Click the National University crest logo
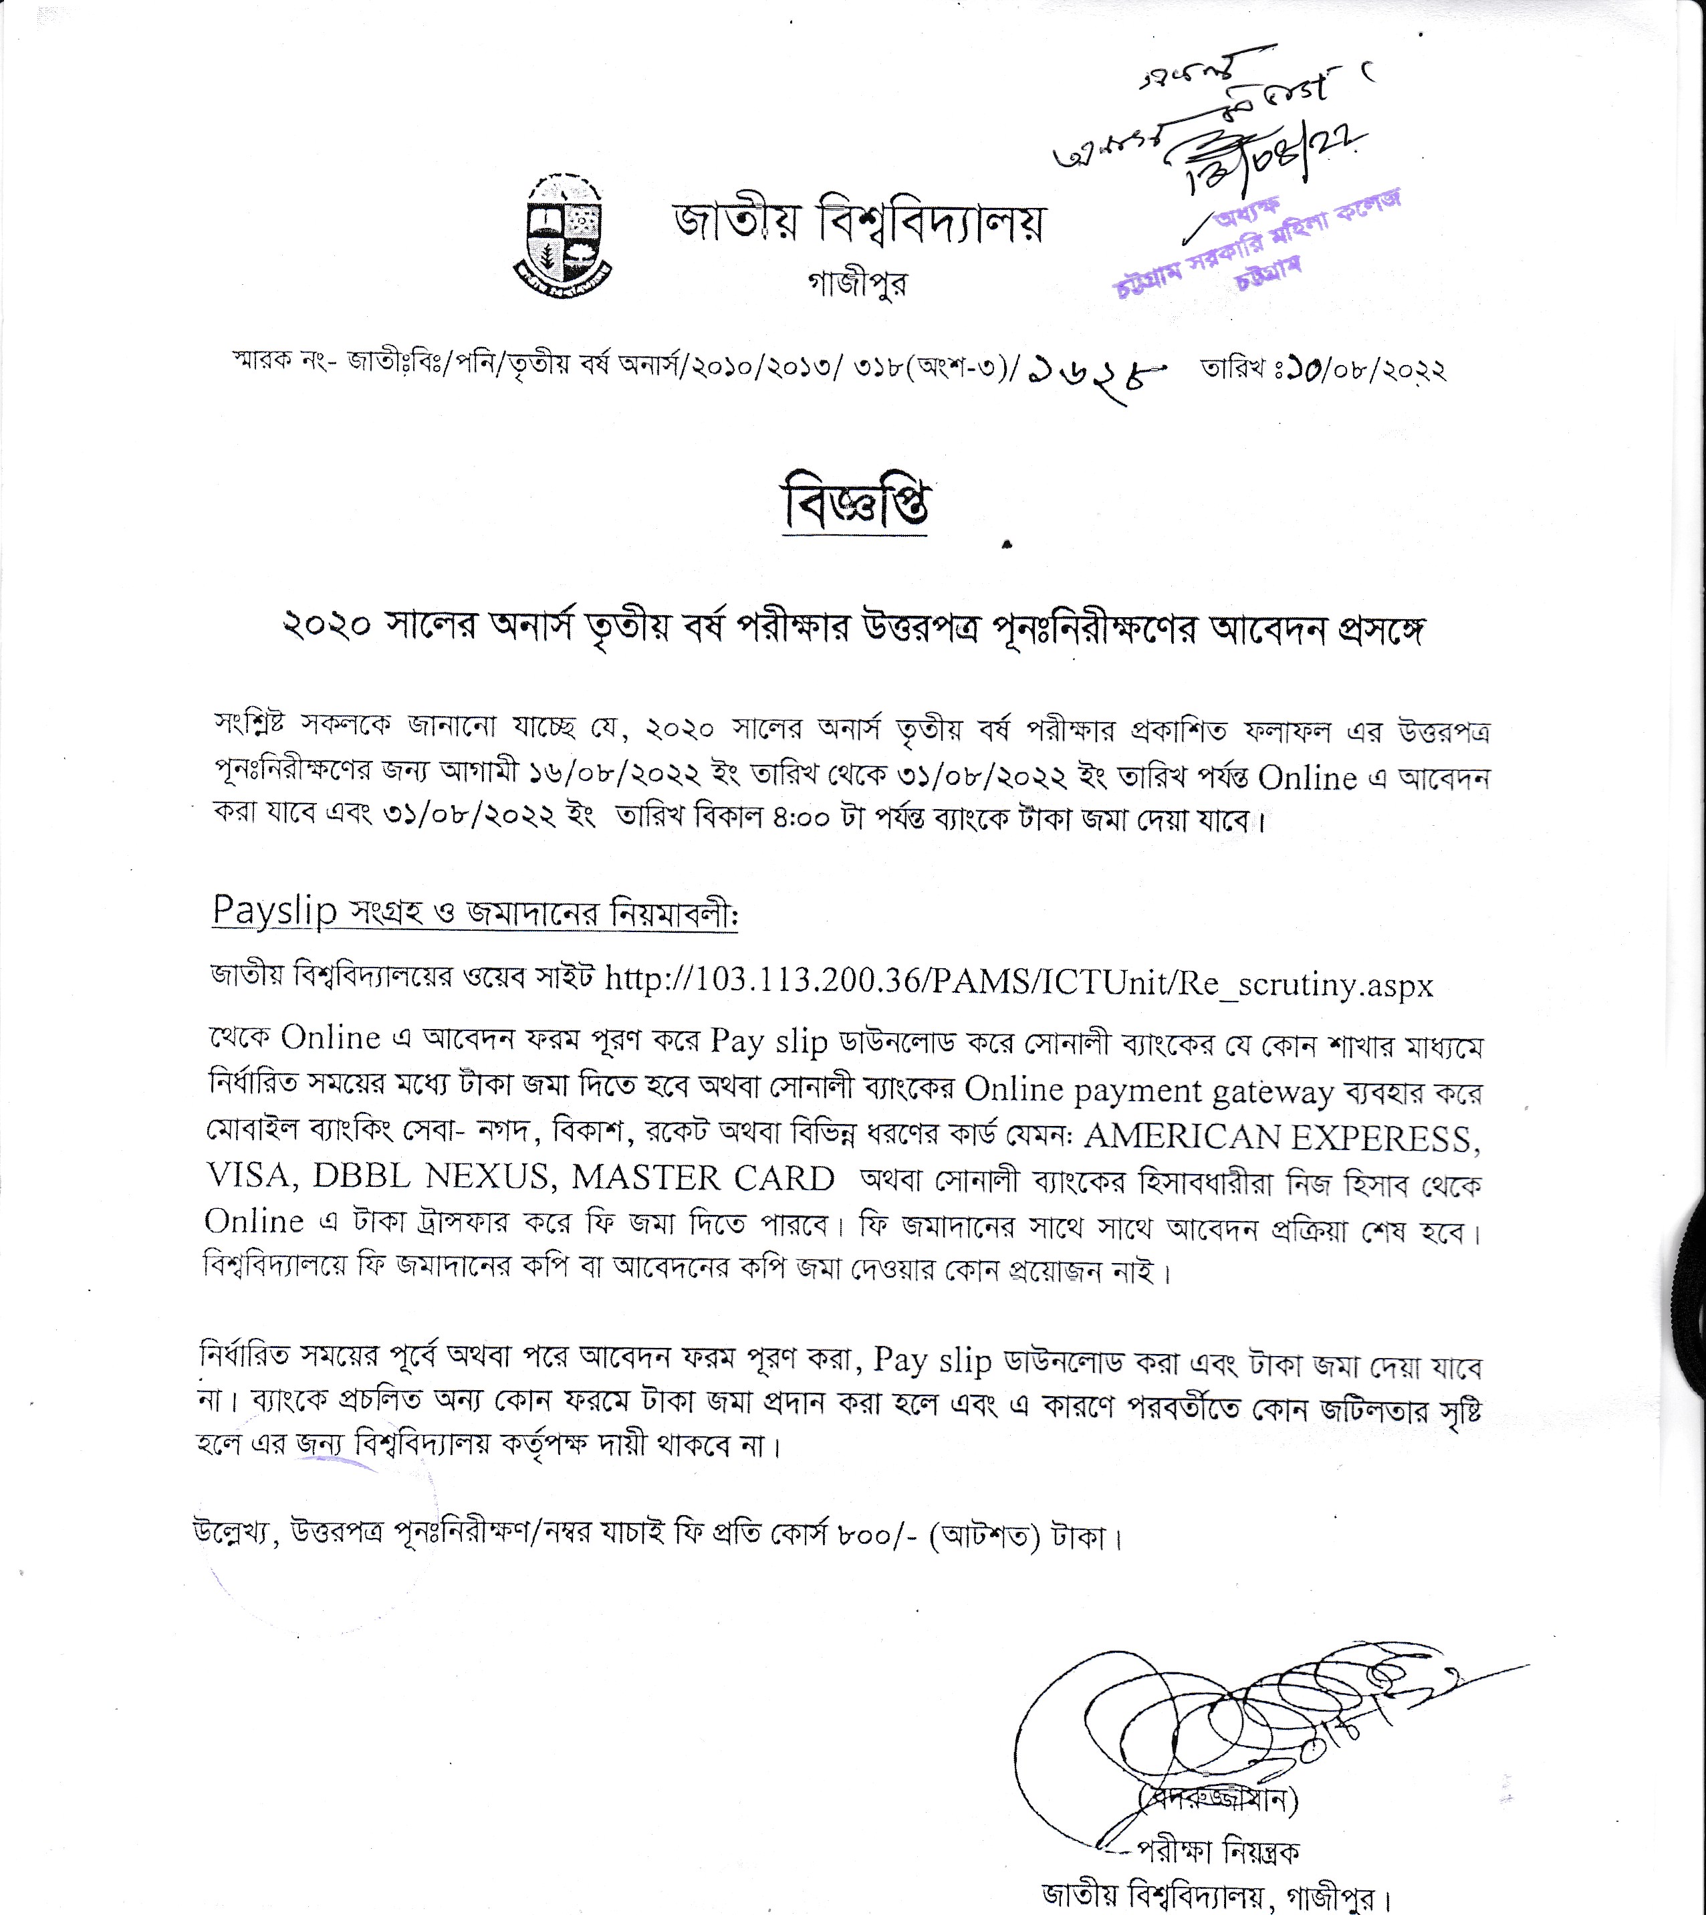pyautogui.click(x=561, y=235)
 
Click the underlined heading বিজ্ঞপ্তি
pyautogui.click(x=855, y=505)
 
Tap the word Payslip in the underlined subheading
pyautogui.click(x=273, y=910)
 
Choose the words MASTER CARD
pyautogui.click(x=703, y=1178)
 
